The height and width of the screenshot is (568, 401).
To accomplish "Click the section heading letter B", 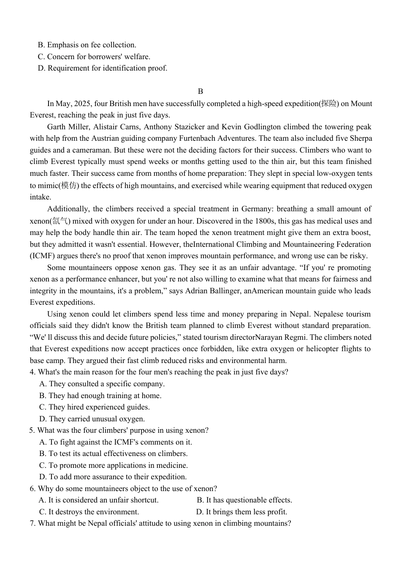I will pos(200,91).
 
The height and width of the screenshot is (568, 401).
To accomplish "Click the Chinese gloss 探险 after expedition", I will pos(329,104).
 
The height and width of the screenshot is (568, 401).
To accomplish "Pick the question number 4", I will pos(33,372).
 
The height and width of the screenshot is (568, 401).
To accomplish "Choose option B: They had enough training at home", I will pos(100,396).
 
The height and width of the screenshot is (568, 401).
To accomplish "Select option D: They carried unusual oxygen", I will pos(92,419).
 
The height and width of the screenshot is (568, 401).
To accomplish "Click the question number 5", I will pos(32,430).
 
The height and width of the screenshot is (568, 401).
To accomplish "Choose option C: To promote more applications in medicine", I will pos(114,465).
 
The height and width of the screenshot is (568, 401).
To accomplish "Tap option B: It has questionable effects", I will pos(244,500).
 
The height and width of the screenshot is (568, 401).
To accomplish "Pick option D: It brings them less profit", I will pos(242,512).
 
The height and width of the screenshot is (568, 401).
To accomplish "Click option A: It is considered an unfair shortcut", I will pos(99,500).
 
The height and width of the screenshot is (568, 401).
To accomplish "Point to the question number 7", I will pos(33,523).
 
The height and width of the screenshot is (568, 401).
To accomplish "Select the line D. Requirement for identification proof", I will pos(103,68).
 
